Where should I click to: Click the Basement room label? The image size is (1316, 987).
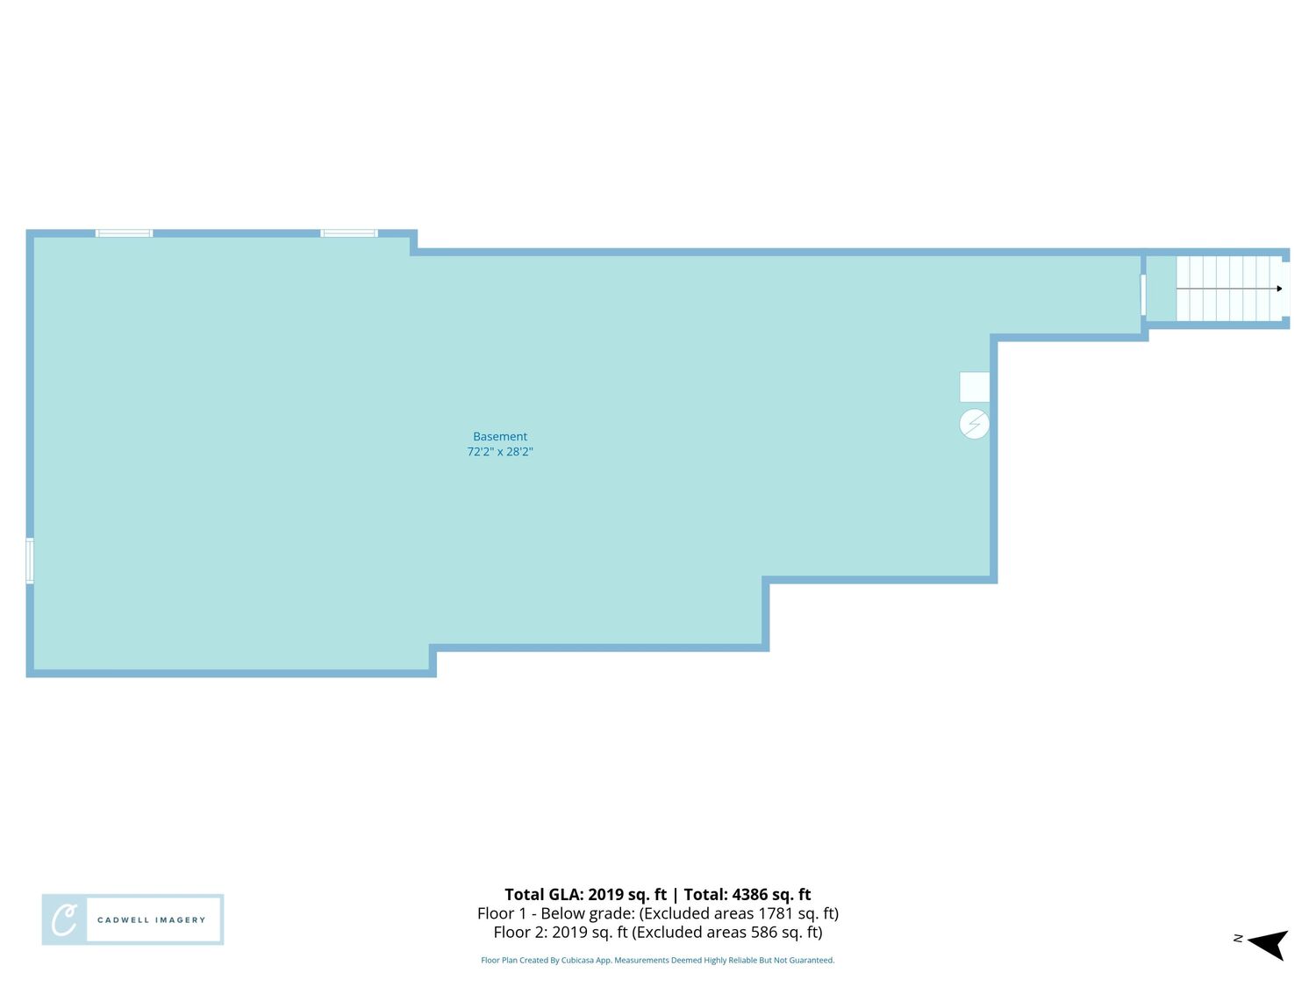pyautogui.click(x=500, y=436)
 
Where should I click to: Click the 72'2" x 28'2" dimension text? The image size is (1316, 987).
pyautogui.click(x=500, y=452)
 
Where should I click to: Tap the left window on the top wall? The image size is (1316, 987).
pyautogui.click(x=124, y=233)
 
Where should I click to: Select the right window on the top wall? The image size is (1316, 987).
pyautogui.click(x=349, y=233)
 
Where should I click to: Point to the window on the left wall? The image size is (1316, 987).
pyautogui.click(x=29, y=561)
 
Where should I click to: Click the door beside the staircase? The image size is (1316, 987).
pyautogui.click(x=1143, y=295)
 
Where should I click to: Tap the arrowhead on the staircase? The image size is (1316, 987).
pyautogui.click(x=1279, y=289)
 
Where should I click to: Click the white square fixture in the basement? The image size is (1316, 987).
pyautogui.click(x=974, y=387)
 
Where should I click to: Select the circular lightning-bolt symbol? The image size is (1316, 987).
pyautogui.click(x=974, y=424)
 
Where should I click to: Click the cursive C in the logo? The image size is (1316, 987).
pyautogui.click(x=64, y=919)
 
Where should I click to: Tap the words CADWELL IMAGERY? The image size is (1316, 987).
pyautogui.click(x=151, y=919)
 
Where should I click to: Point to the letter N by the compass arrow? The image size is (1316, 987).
pyautogui.click(x=1238, y=938)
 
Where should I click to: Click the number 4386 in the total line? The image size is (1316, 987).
pyautogui.click(x=749, y=894)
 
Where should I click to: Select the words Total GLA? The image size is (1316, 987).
pyautogui.click(x=543, y=894)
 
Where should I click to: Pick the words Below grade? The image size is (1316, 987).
pyautogui.click(x=588, y=913)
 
